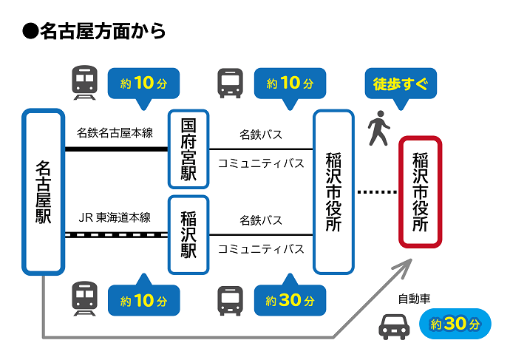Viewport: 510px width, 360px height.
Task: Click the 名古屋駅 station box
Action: pyautogui.click(x=43, y=191)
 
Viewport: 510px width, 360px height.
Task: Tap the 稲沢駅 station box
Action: pyautogui.click(x=188, y=234)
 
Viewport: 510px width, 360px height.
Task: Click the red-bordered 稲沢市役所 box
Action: pyautogui.click(x=420, y=191)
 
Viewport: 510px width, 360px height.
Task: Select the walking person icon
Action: pyautogui.click(x=378, y=129)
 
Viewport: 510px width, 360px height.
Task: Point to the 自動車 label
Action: pyautogui.click(x=414, y=299)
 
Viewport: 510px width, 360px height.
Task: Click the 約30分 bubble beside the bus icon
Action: pyautogui.click(x=290, y=300)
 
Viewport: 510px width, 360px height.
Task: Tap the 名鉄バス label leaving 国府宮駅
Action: pyautogui.click(x=261, y=135)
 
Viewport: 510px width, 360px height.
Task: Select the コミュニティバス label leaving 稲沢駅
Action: pyautogui.click(x=261, y=248)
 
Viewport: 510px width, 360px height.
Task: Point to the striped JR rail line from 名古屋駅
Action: pyautogui.click(x=116, y=234)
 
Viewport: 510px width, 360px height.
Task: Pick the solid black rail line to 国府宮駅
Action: pyautogui.click(x=116, y=149)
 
